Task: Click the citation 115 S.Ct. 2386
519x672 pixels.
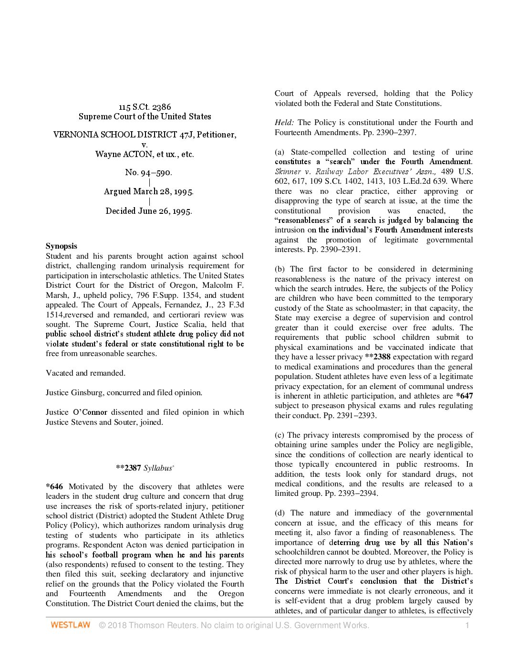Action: (145, 107)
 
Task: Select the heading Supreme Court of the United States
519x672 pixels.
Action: (145, 116)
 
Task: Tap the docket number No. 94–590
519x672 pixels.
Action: (148, 172)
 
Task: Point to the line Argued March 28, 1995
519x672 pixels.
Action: (148, 191)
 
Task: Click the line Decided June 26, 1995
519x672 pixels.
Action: (148, 211)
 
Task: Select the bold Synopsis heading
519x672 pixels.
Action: (61, 246)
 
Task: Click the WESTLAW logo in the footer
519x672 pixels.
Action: (70, 625)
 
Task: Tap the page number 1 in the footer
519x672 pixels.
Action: (467, 625)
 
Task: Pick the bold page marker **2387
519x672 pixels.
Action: (128, 468)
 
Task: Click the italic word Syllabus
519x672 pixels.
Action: (158, 468)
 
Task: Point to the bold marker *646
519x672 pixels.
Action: (54, 487)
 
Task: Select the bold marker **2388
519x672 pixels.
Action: (377, 357)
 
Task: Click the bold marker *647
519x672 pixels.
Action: (464, 396)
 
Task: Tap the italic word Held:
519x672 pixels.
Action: (284, 123)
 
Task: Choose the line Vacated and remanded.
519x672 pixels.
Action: (85, 373)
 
